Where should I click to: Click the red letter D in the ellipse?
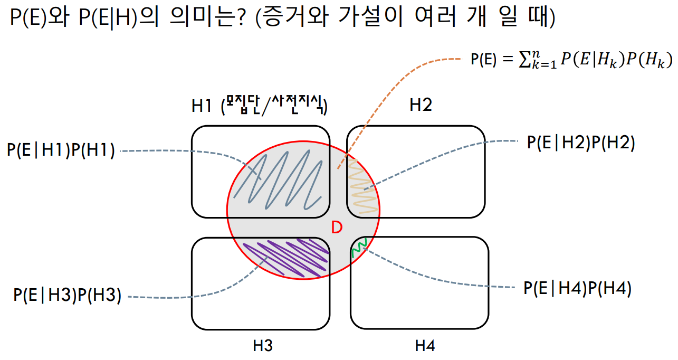[x=337, y=228]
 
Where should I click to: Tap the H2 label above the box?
[x=421, y=106]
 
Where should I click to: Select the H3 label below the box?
[x=262, y=346]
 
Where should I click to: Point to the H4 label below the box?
[x=424, y=346]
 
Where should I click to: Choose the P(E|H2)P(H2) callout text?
[x=580, y=143]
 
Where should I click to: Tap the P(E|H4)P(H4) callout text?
[x=577, y=288]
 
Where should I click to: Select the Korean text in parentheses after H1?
[x=273, y=106]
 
